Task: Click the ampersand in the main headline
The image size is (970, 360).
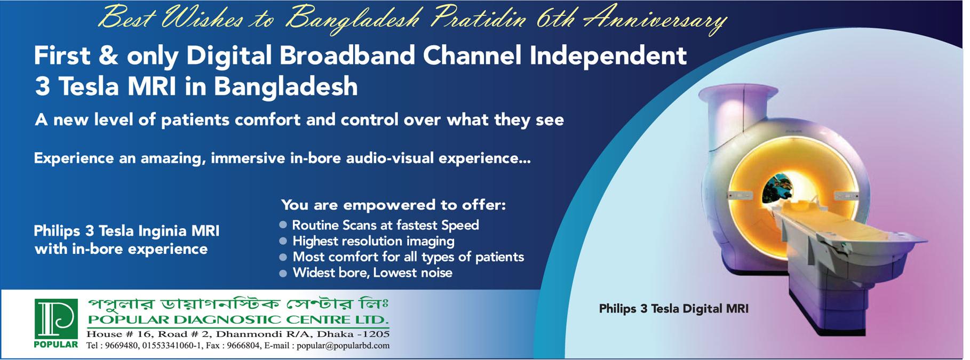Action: (x=109, y=55)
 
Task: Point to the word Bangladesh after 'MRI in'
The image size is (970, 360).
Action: (x=285, y=86)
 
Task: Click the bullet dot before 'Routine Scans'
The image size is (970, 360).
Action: (x=283, y=225)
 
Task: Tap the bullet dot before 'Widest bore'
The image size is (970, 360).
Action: (x=283, y=273)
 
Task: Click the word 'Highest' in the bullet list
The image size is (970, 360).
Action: (x=315, y=242)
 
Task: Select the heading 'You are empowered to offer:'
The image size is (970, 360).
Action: (x=393, y=205)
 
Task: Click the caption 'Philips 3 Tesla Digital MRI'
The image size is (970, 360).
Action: (x=674, y=308)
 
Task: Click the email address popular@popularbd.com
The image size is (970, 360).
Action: (x=343, y=346)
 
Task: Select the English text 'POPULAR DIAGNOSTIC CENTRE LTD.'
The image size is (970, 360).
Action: (x=238, y=320)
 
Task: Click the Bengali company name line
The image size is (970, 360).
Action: (x=238, y=305)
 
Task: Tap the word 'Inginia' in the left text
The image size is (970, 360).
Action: (x=163, y=231)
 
